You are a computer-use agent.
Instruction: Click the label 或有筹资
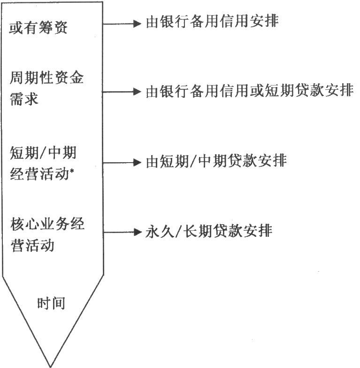pyautogui.click(x=38, y=28)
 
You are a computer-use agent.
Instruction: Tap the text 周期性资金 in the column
pyautogui.click(x=46, y=78)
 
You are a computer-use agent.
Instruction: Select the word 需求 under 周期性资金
pyautogui.click(x=24, y=99)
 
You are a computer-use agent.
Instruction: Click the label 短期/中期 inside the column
pyautogui.click(x=43, y=153)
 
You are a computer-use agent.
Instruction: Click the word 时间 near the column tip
pyautogui.click(x=51, y=303)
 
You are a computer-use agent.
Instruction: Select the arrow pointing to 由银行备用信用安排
pyautogui.click(x=122, y=23)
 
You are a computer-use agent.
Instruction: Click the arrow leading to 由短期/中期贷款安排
pyautogui.click(x=122, y=163)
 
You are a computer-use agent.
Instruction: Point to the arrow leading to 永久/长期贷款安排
pyautogui.click(x=123, y=232)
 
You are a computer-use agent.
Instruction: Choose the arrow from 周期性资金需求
pyautogui.click(x=122, y=92)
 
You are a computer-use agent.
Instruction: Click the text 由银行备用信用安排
pyautogui.click(x=212, y=21)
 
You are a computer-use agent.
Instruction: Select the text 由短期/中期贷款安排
pyautogui.click(x=216, y=161)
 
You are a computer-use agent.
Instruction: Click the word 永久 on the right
pyautogui.click(x=160, y=231)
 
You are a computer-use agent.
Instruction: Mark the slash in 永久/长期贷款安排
pyautogui.click(x=178, y=231)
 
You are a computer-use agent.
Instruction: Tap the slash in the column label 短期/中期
pyautogui.click(x=43, y=153)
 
